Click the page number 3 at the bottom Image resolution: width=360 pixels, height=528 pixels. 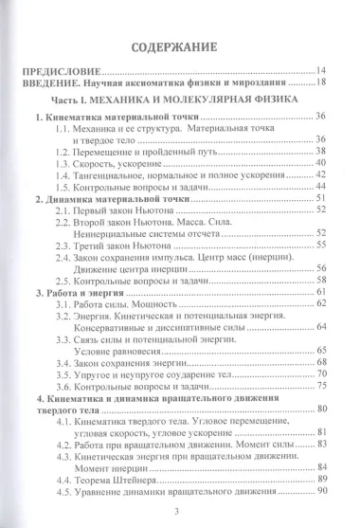pos(180,513)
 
